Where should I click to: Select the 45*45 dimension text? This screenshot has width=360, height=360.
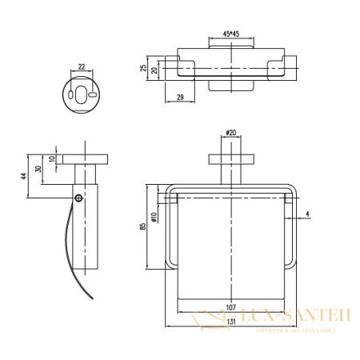click(232, 34)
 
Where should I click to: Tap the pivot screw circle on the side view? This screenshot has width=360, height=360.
click(78, 197)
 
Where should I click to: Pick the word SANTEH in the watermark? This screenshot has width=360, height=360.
click(323, 317)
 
